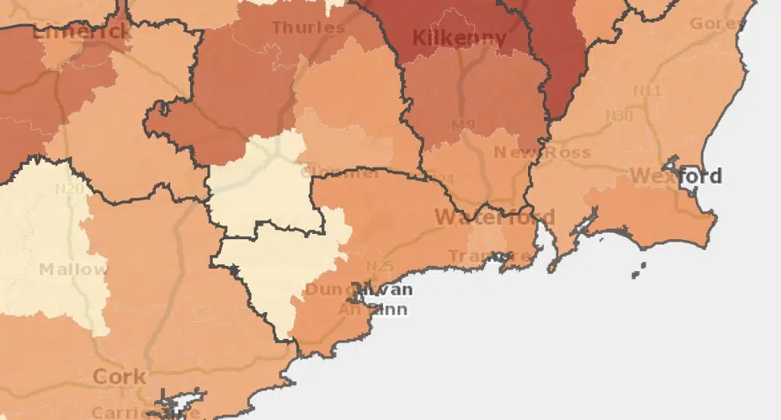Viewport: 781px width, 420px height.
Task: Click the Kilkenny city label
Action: [459, 38]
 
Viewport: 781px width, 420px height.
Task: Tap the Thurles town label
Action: [308, 28]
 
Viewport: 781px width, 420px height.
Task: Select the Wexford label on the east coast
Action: [675, 176]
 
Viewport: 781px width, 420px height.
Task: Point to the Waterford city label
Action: [495, 218]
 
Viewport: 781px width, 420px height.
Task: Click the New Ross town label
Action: [542, 153]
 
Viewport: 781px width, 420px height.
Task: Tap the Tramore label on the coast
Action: [489, 256]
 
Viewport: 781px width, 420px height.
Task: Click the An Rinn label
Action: [372, 309]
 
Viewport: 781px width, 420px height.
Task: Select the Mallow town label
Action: [73, 270]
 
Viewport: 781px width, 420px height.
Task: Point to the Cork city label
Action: [119, 377]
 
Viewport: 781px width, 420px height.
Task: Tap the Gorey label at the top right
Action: [718, 24]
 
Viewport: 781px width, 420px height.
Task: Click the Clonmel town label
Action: [340, 172]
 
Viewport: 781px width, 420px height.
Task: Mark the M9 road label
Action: [463, 125]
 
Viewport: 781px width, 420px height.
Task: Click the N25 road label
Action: [379, 266]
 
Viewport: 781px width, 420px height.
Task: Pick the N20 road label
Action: [69, 188]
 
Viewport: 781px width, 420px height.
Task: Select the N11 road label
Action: [647, 91]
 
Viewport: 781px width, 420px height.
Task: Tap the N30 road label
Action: [619, 115]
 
